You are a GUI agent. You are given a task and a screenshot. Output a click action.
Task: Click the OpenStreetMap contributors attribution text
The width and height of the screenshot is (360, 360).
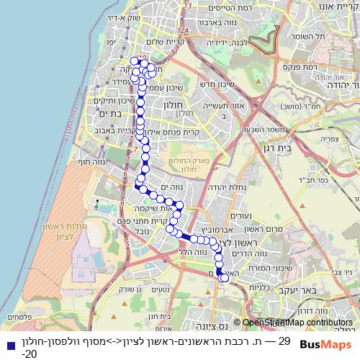coord(297,323)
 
